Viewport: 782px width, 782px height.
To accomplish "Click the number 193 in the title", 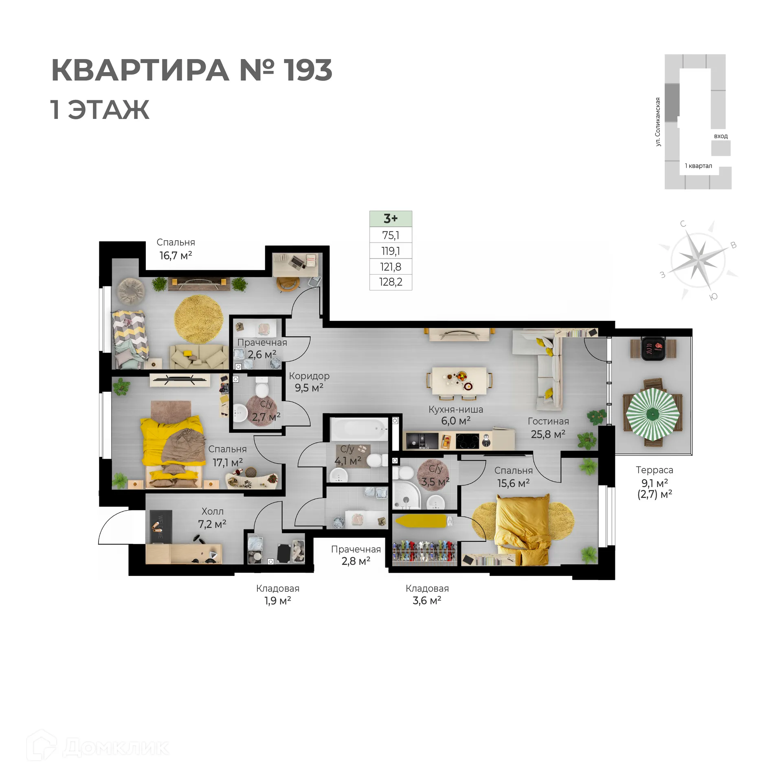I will coord(308,70).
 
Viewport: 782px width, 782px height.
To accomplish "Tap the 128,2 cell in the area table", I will coord(390,282).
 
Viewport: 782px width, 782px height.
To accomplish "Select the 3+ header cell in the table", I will coord(390,219).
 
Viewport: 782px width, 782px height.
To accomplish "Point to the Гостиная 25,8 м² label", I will coord(548,428).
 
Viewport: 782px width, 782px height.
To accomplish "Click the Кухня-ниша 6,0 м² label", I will coord(455,415).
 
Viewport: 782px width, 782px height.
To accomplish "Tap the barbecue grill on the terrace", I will coord(653,348).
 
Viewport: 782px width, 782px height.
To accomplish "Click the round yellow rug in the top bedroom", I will coord(198,319).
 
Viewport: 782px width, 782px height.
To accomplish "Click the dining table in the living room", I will coord(459,381).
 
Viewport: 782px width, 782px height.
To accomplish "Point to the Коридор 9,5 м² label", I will coord(309,382).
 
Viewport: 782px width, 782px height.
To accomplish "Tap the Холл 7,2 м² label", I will coord(212,518).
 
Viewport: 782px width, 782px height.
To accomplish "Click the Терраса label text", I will coord(654,470).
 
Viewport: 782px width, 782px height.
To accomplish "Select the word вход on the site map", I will coord(720,136).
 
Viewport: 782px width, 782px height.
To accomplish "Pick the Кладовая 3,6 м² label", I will coord(427,594).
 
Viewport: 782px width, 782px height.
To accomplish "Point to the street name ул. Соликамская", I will coord(658,122).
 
